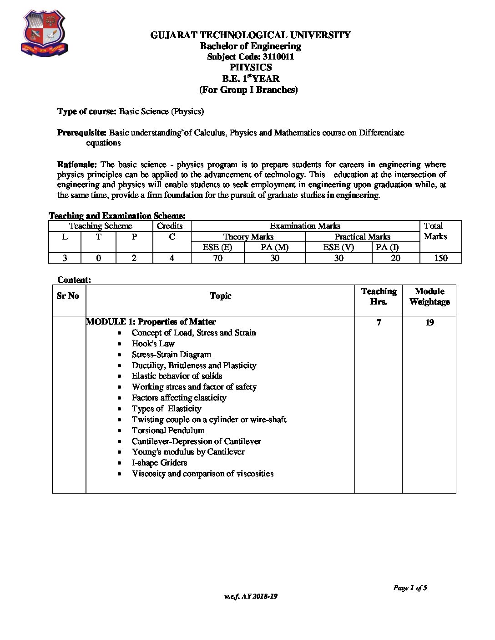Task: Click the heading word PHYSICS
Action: pos(251,67)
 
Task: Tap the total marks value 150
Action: pos(440,258)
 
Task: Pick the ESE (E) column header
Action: pos(217,247)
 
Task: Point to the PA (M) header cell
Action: pos(274,247)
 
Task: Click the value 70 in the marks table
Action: pos(217,258)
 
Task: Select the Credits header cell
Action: pos(169,226)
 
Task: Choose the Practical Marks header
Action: pos(362,237)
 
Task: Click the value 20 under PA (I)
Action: pos(395,258)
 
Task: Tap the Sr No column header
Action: pos(68,296)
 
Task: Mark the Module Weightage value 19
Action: pos(429,323)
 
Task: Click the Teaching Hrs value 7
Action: pos(379,322)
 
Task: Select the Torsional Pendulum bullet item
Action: pos(168,430)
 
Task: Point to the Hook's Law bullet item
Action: pos(153,344)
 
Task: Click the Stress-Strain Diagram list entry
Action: pos(171,355)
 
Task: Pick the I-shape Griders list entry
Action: pos(159,463)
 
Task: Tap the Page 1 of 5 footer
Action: pos(410,588)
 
